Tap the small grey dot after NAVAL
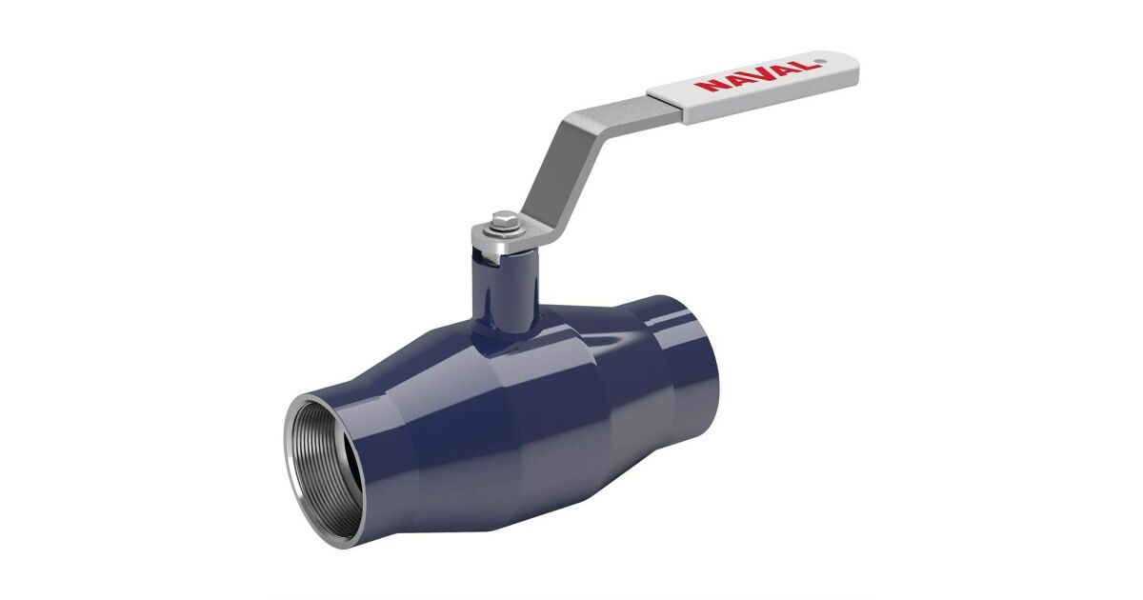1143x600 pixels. [820, 62]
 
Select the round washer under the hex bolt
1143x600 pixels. [505, 228]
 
